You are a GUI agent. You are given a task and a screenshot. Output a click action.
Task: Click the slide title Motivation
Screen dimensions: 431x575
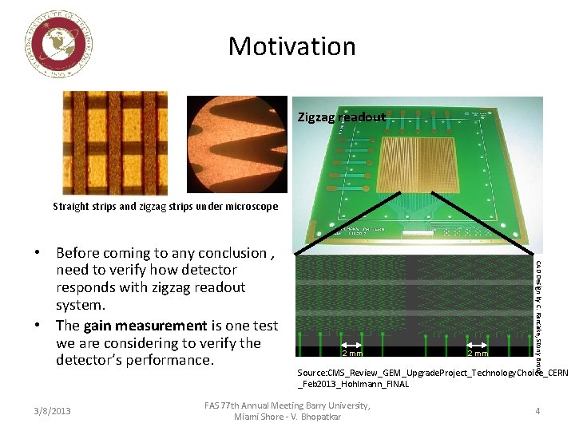click(291, 46)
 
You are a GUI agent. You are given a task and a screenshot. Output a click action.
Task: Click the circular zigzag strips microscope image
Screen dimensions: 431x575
click(236, 144)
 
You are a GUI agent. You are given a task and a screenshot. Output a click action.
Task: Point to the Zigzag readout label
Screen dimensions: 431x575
click(341, 117)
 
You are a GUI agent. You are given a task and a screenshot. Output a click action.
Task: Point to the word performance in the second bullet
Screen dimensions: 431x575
click(175, 361)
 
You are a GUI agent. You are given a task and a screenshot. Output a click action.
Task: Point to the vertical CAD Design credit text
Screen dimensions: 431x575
click(539, 306)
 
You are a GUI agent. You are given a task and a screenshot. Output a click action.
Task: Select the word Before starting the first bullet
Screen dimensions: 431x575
click(82, 253)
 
